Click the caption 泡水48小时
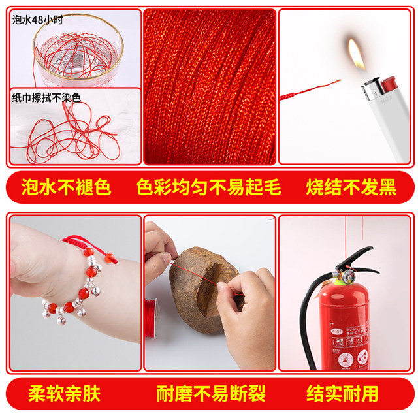40,20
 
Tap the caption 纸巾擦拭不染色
46,97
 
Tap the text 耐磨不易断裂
210,394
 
